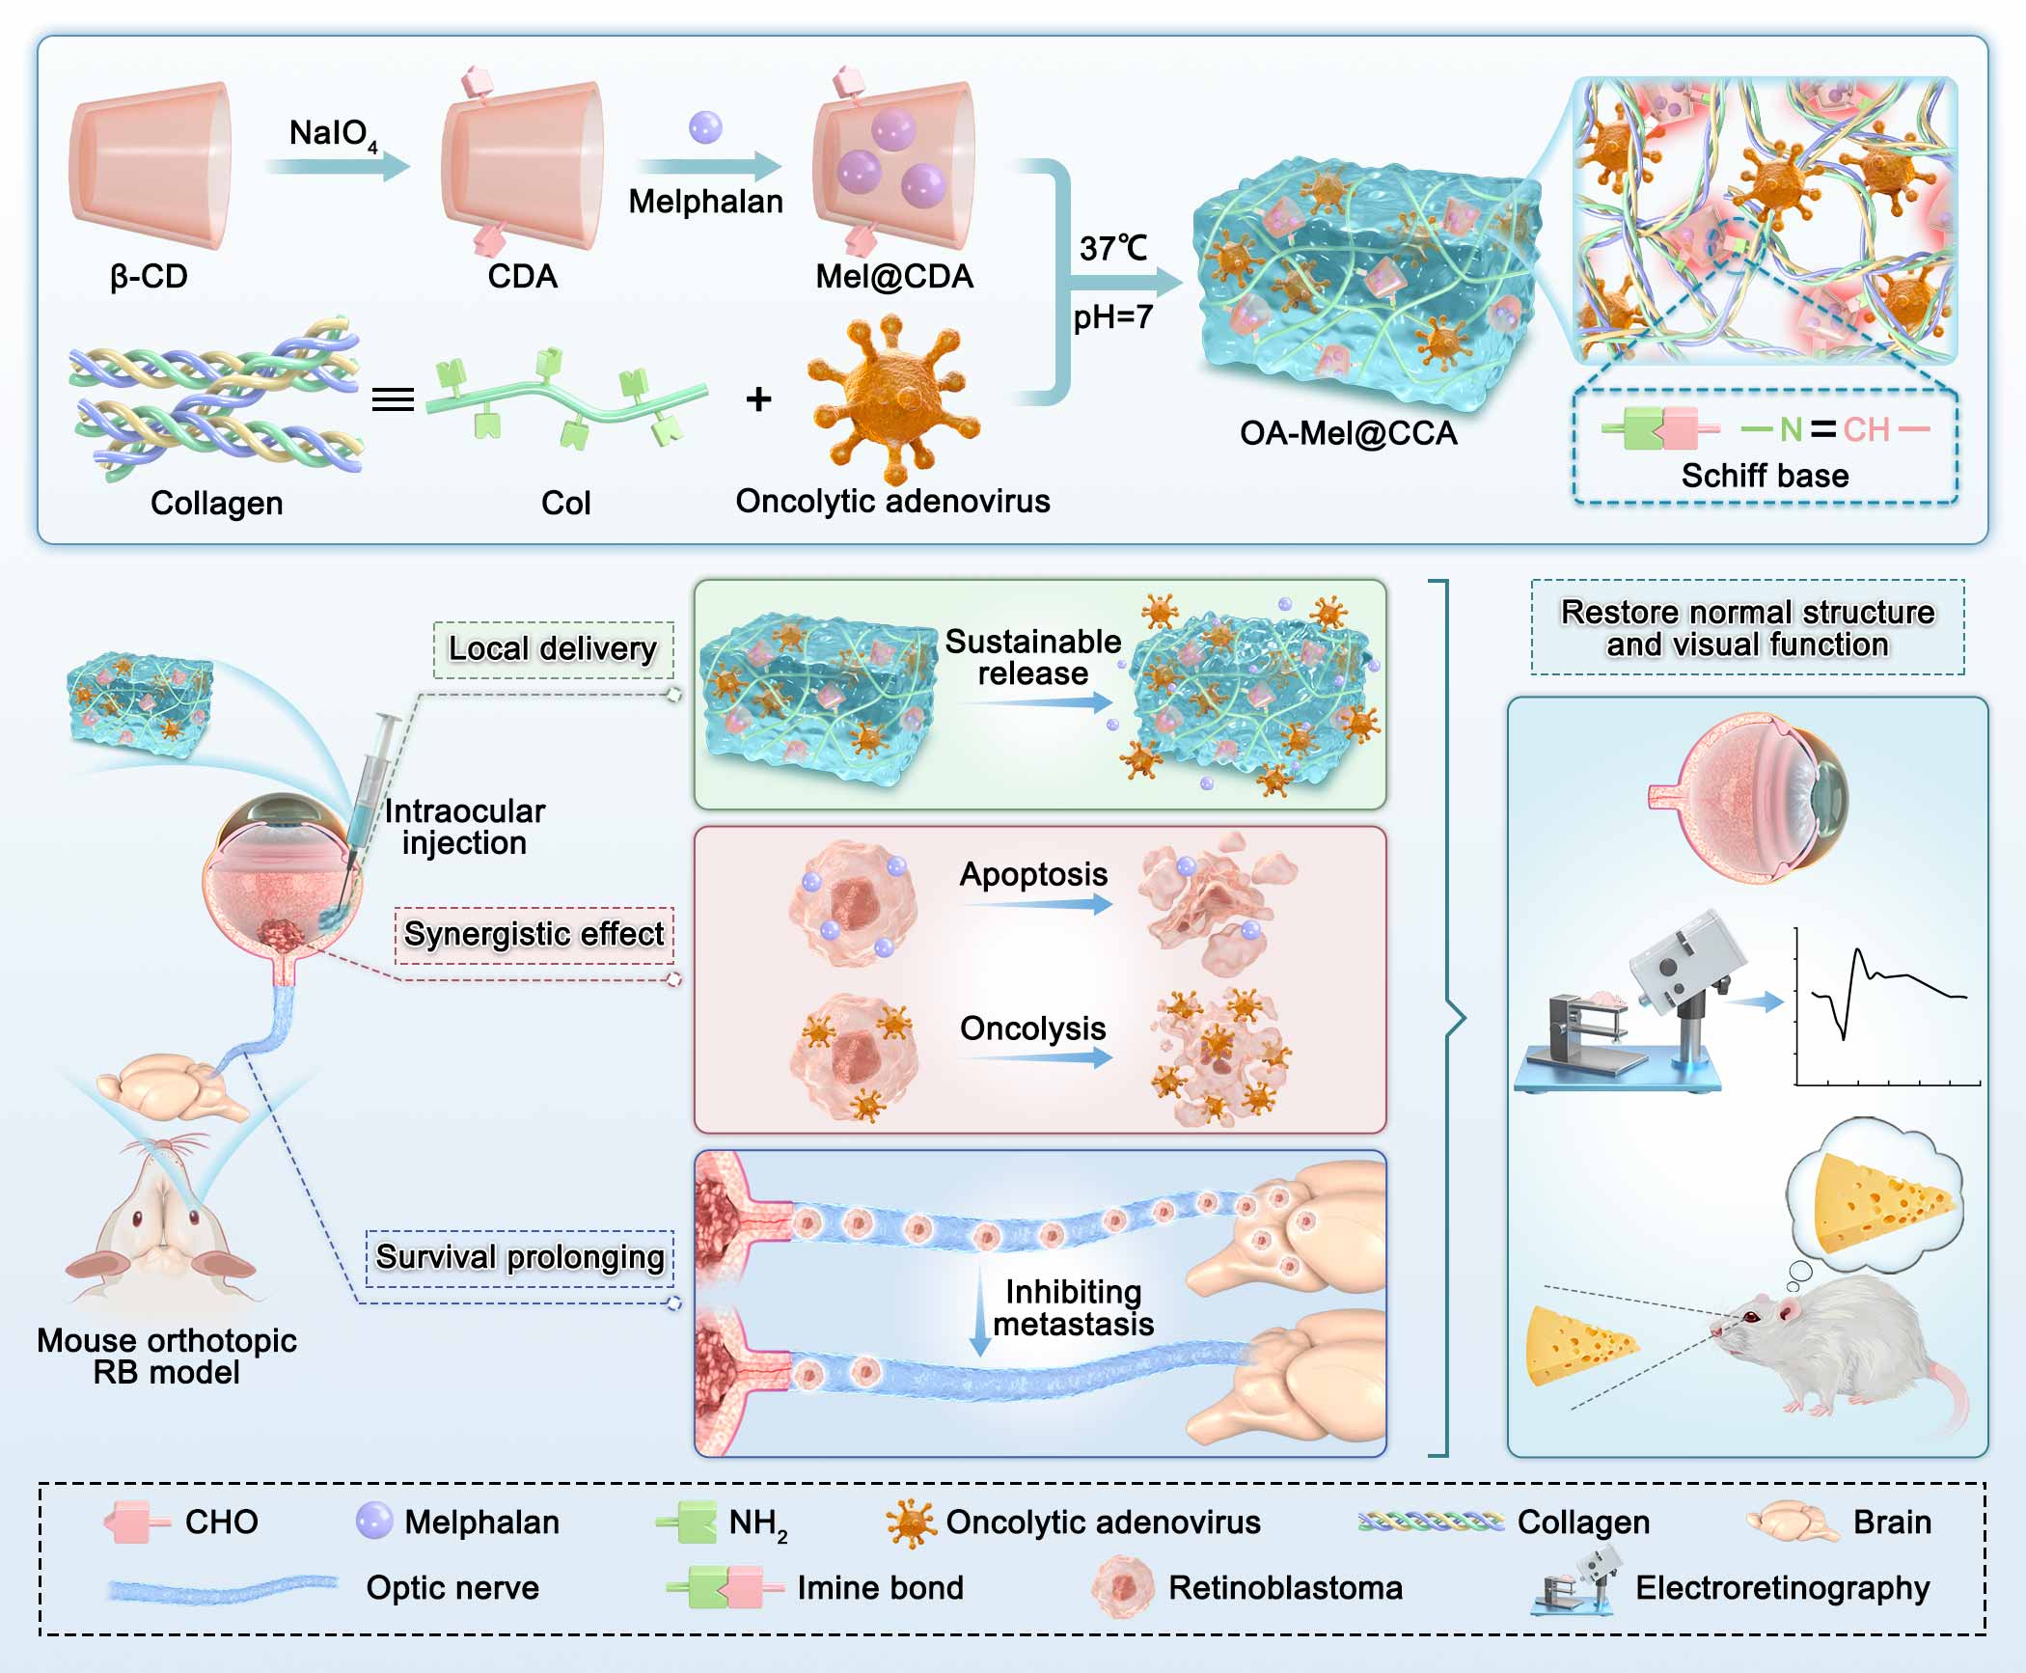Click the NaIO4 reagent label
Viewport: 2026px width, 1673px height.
[332, 134]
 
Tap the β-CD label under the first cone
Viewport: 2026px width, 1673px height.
[149, 277]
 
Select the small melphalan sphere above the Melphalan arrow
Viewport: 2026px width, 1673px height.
[705, 127]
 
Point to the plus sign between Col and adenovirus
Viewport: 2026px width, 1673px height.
[759, 398]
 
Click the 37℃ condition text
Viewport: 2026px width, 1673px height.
[1113, 248]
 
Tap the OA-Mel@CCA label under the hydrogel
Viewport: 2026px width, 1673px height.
[1348, 432]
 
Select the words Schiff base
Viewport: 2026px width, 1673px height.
[1765, 476]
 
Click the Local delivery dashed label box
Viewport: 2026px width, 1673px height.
[553, 649]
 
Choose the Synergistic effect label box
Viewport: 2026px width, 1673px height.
[534, 934]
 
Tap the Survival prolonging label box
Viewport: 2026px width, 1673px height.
[520, 1257]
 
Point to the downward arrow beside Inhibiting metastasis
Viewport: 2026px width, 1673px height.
[980, 1311]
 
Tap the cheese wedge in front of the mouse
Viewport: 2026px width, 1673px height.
[1578, 1344]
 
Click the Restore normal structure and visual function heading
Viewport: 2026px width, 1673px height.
[1747, 628]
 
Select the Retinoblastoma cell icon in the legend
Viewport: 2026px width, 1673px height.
[1123, 1587]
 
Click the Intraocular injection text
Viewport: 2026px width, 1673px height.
[464, 827]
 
